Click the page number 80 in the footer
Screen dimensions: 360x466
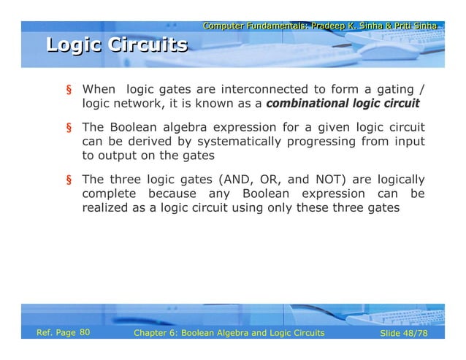[x=84, y=333]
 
